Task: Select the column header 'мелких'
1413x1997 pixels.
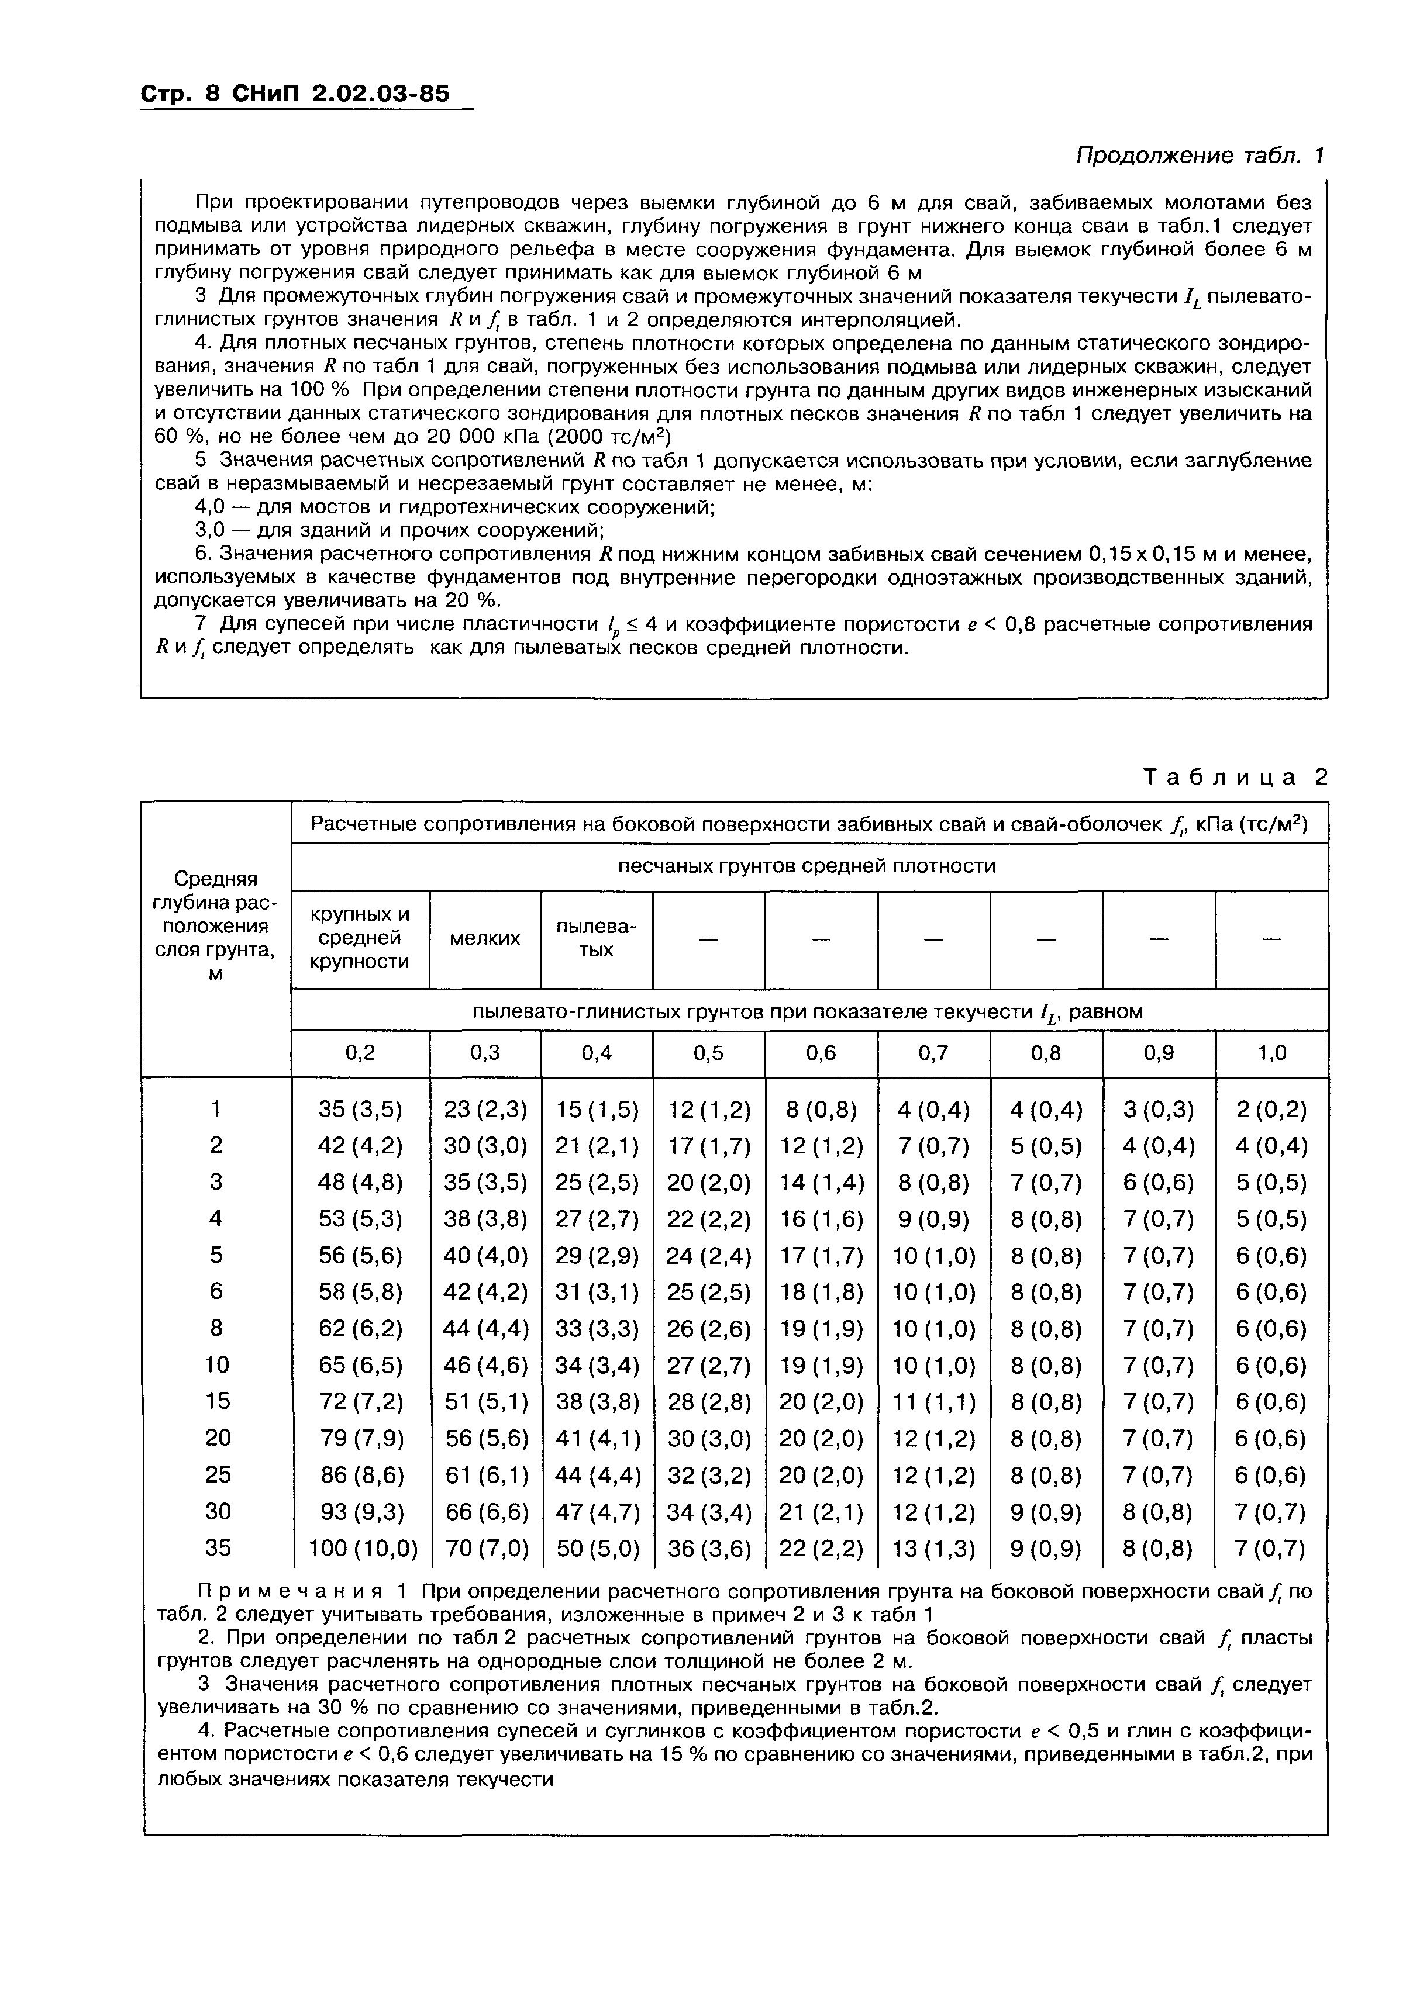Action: pos(485,938)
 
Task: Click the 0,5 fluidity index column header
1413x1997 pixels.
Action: pos(708,1053)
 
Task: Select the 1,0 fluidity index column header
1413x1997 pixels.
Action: pos(1271,1053)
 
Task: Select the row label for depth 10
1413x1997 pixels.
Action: pos(216,1364)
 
